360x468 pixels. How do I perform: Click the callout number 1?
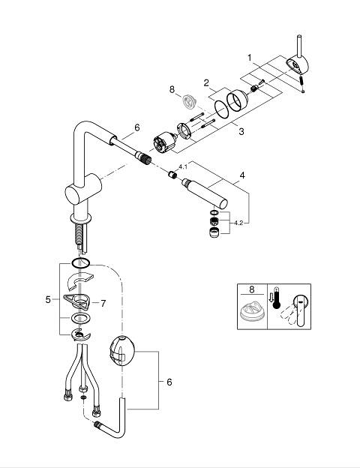[250, 58]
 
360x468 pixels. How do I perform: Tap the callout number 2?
[206, 83]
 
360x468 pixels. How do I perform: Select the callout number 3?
[241, 131]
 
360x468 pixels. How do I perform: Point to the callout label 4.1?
[183, 166]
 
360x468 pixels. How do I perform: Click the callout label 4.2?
[238, 223]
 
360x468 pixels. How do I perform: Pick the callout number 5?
[48, 299]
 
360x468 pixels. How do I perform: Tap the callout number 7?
[103, 304]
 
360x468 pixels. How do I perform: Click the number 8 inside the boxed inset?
[252, 289]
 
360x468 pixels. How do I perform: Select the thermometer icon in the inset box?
[277, 298]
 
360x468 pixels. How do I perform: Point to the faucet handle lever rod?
[299, 46]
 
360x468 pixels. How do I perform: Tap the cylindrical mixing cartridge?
[164, 142]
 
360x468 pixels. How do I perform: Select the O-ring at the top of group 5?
[80, 263]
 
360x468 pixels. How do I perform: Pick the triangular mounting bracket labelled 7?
[76, 301]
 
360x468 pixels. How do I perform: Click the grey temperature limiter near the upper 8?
[189, 101]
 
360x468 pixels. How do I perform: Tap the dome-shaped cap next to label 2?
[237, 100]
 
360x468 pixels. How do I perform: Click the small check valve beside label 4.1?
[172, 174]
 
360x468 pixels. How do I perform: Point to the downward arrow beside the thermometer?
[271, 297]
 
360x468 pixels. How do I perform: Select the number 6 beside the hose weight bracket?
[169, 382]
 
